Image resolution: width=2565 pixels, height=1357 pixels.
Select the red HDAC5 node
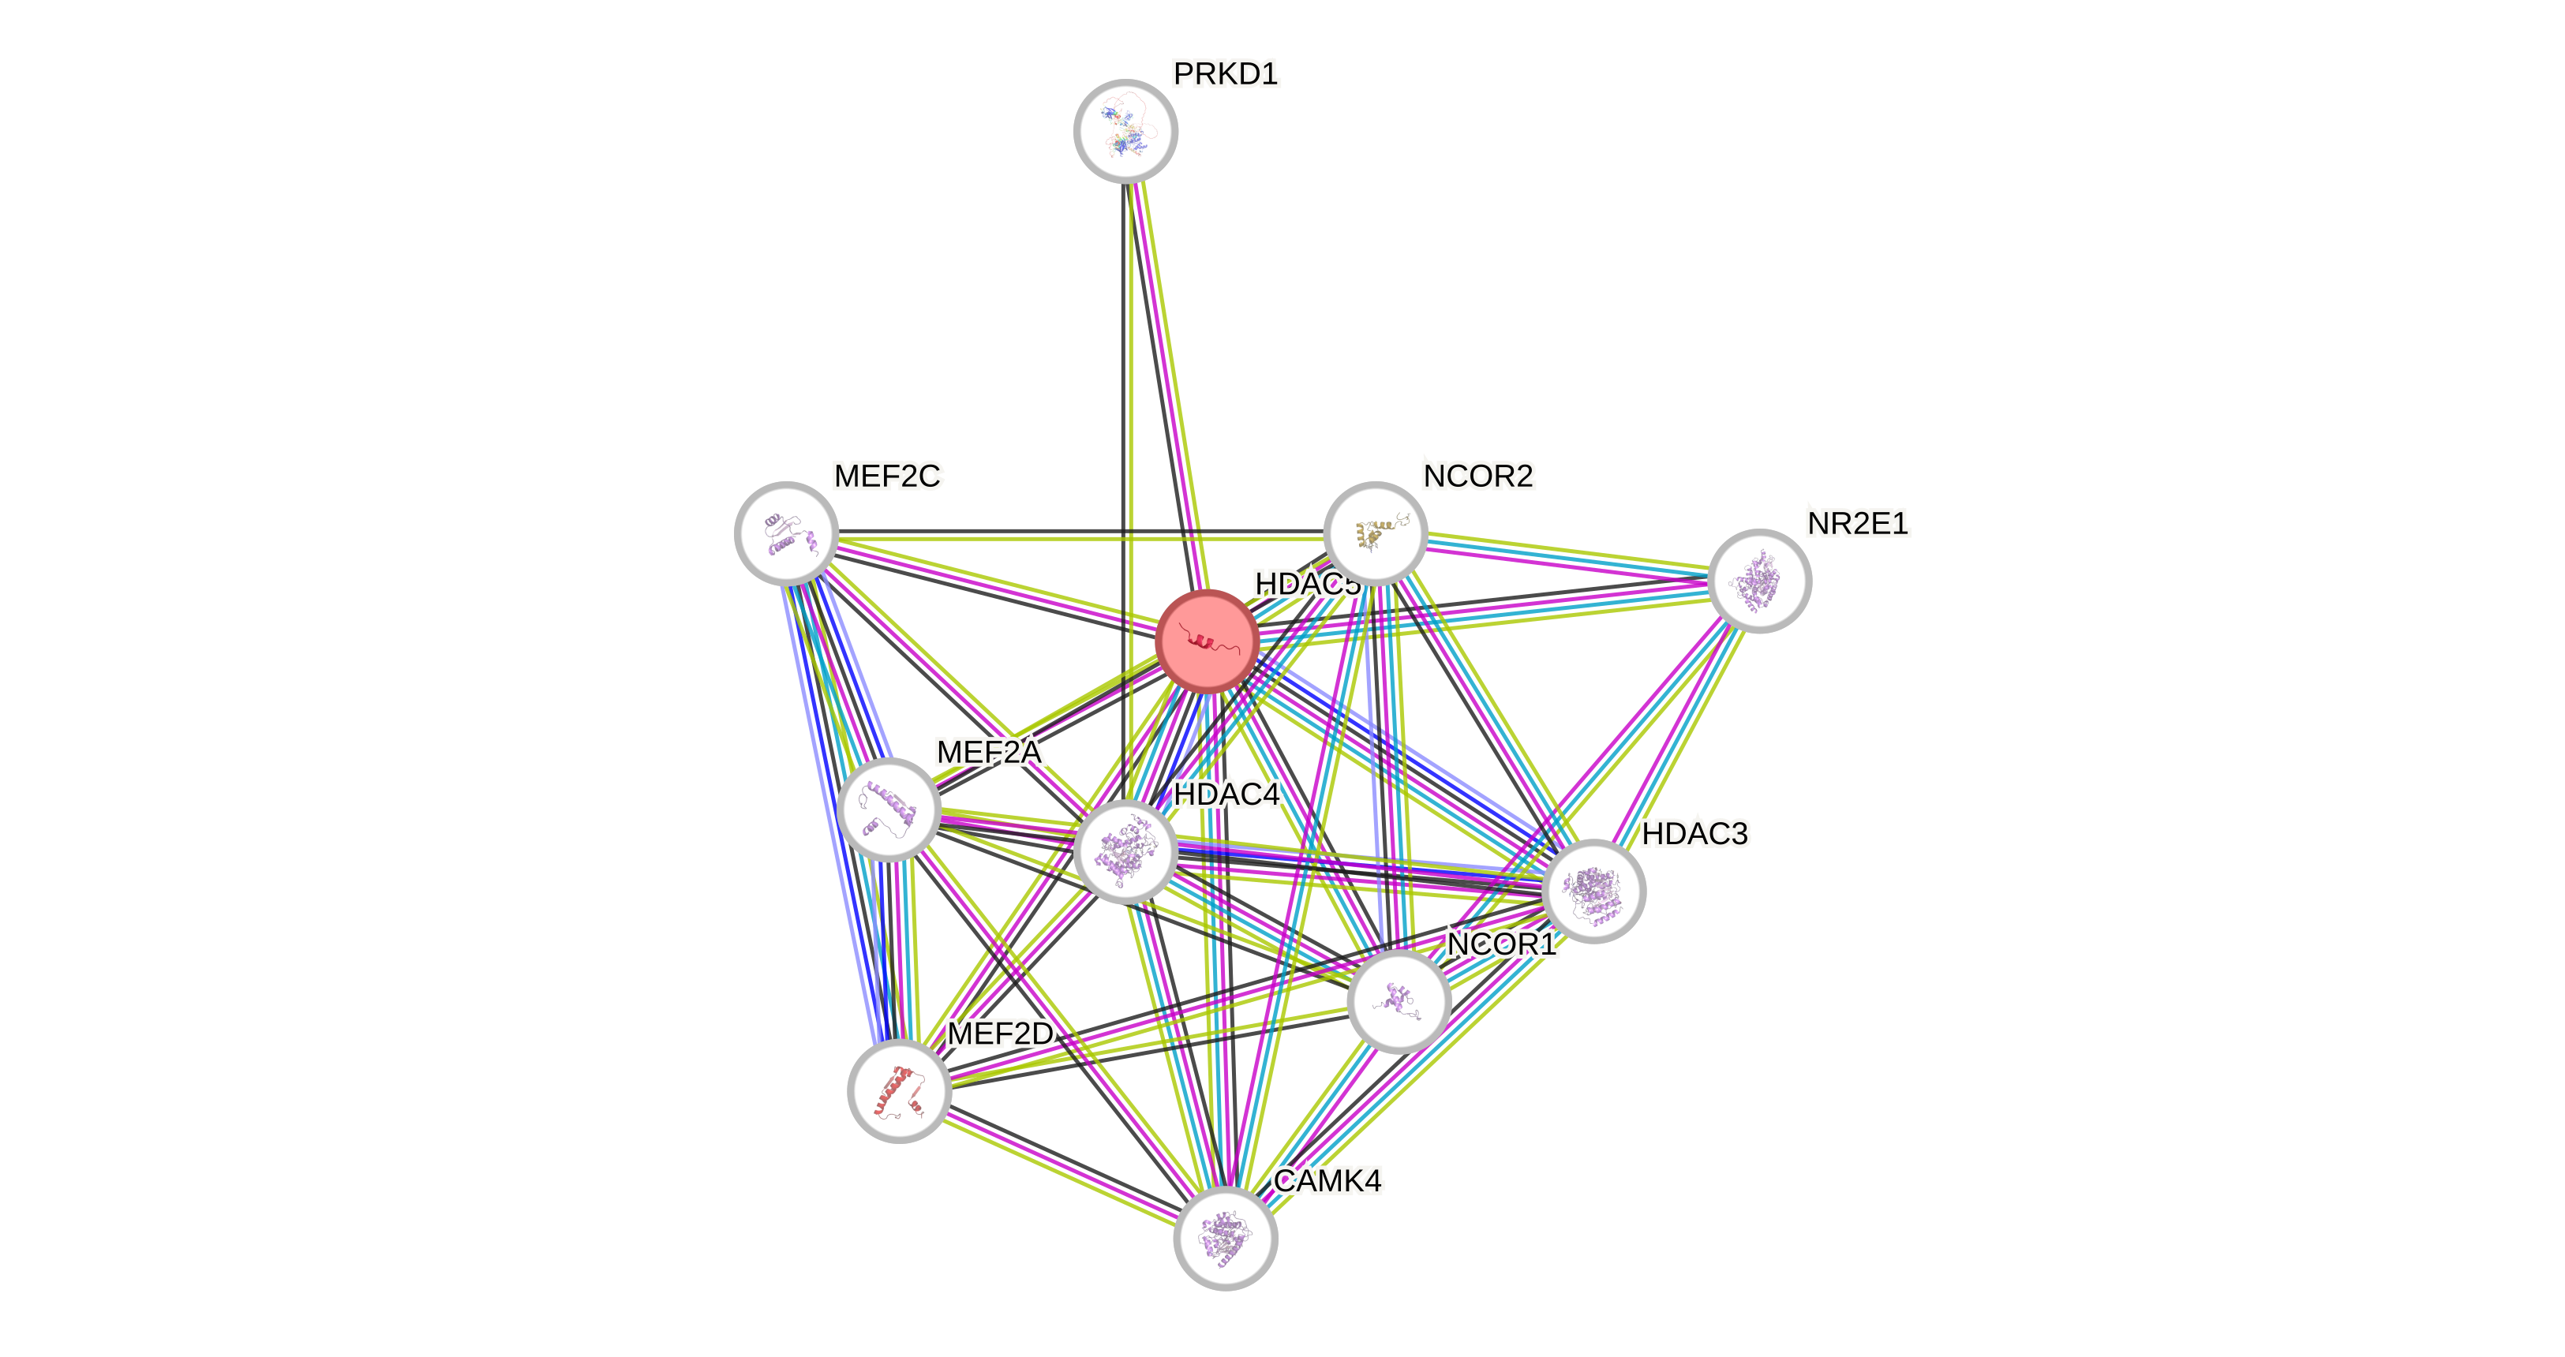click(1207, 640)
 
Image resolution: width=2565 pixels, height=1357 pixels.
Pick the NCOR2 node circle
click(1375, 533)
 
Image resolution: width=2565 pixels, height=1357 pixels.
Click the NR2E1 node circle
click(1759, 581)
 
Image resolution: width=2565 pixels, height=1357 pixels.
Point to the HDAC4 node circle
click(1125, 851)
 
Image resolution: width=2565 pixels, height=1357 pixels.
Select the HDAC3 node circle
click(1594, 890)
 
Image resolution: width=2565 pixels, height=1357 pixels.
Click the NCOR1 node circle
click(1398, 1000)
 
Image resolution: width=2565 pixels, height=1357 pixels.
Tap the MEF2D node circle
click(899, 1091)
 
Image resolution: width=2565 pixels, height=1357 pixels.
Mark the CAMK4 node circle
click(1225, 1239)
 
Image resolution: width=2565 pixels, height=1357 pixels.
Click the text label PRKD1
click(1226, 73)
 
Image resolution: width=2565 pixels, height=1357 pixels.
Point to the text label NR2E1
click(1858, 523)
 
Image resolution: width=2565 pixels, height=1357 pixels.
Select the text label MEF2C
click(887, 476)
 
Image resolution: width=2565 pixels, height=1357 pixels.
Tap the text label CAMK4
click(1327, 1181)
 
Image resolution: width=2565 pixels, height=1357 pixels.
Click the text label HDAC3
click(1694, 833)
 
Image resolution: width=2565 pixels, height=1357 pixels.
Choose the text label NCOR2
click(1477, 476)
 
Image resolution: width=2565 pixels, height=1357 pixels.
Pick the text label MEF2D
click(1000, 1034)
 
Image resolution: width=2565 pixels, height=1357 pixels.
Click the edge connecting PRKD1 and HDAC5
click(1167, 388)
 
